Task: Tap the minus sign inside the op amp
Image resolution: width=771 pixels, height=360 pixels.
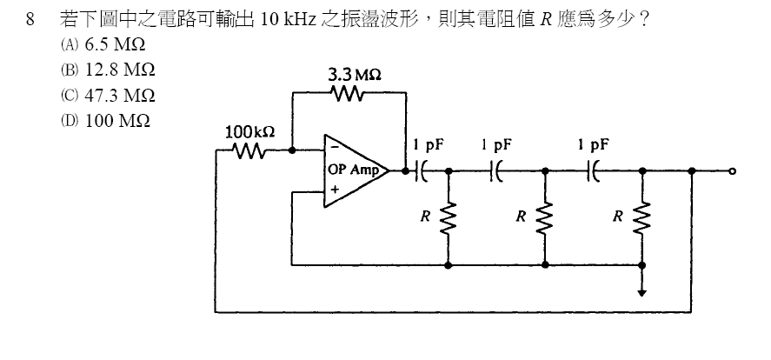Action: coord(334,150)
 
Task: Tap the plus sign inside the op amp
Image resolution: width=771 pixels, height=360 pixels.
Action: coord(334,190)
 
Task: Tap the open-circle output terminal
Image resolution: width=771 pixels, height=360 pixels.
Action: coord(734,171)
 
